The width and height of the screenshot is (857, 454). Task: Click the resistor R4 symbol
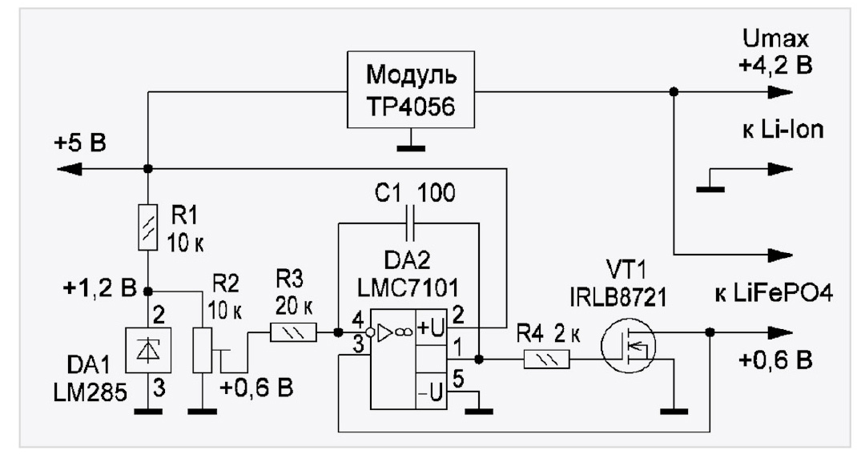coord(546,360)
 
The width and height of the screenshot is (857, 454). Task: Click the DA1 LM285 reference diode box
coord(147,349)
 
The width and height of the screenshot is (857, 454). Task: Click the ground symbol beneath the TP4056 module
coord(412,146)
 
